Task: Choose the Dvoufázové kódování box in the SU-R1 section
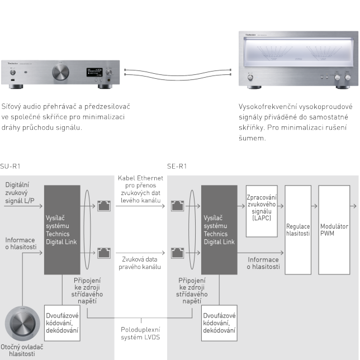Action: click(x=63, y=323)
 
